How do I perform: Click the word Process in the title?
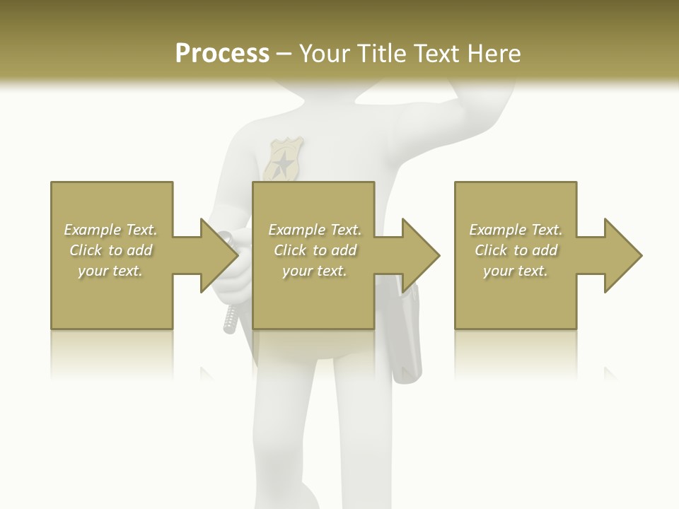pos(222,54)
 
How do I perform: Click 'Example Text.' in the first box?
pos(110,230)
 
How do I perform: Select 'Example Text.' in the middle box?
pos(315,230)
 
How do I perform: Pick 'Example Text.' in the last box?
pos(516,230)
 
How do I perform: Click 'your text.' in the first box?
pos(110,271)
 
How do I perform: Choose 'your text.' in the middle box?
pos(315,271)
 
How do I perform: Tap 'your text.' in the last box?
pos(516,271)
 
